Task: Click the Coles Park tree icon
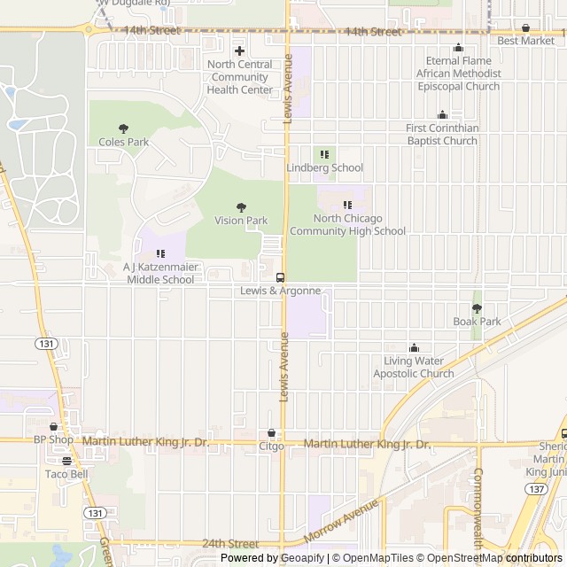122,128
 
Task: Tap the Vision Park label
241,221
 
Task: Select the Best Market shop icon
525,28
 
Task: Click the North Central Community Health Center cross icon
239,50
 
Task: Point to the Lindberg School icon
324,154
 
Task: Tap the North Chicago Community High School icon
347,206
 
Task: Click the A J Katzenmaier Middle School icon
160,254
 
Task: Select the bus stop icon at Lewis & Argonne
280,277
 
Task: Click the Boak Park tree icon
477,308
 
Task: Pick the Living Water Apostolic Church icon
413,347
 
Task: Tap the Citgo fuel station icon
271,433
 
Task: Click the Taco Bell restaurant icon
66,461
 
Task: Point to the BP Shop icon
53,426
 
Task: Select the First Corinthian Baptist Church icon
442,115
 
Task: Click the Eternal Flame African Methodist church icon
458,48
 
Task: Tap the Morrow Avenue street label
340,522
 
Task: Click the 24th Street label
229,544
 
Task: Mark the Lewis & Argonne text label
280,291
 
